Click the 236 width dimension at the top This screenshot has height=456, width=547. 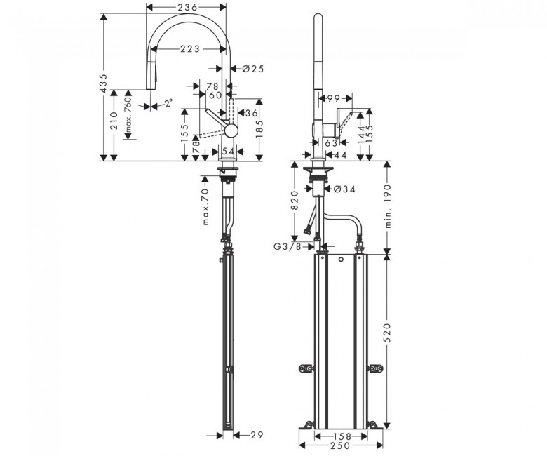pyautogui.click(x=187, y=7)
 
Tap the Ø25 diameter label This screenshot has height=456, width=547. pyautogui.click(x=252, y=69)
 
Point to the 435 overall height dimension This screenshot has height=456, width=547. pyautogui.click(x=103, y=82)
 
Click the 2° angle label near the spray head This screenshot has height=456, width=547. pyautogui.click(x=168, y=104)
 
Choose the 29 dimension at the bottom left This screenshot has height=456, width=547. pyautogui.click(x=256, y=436)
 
